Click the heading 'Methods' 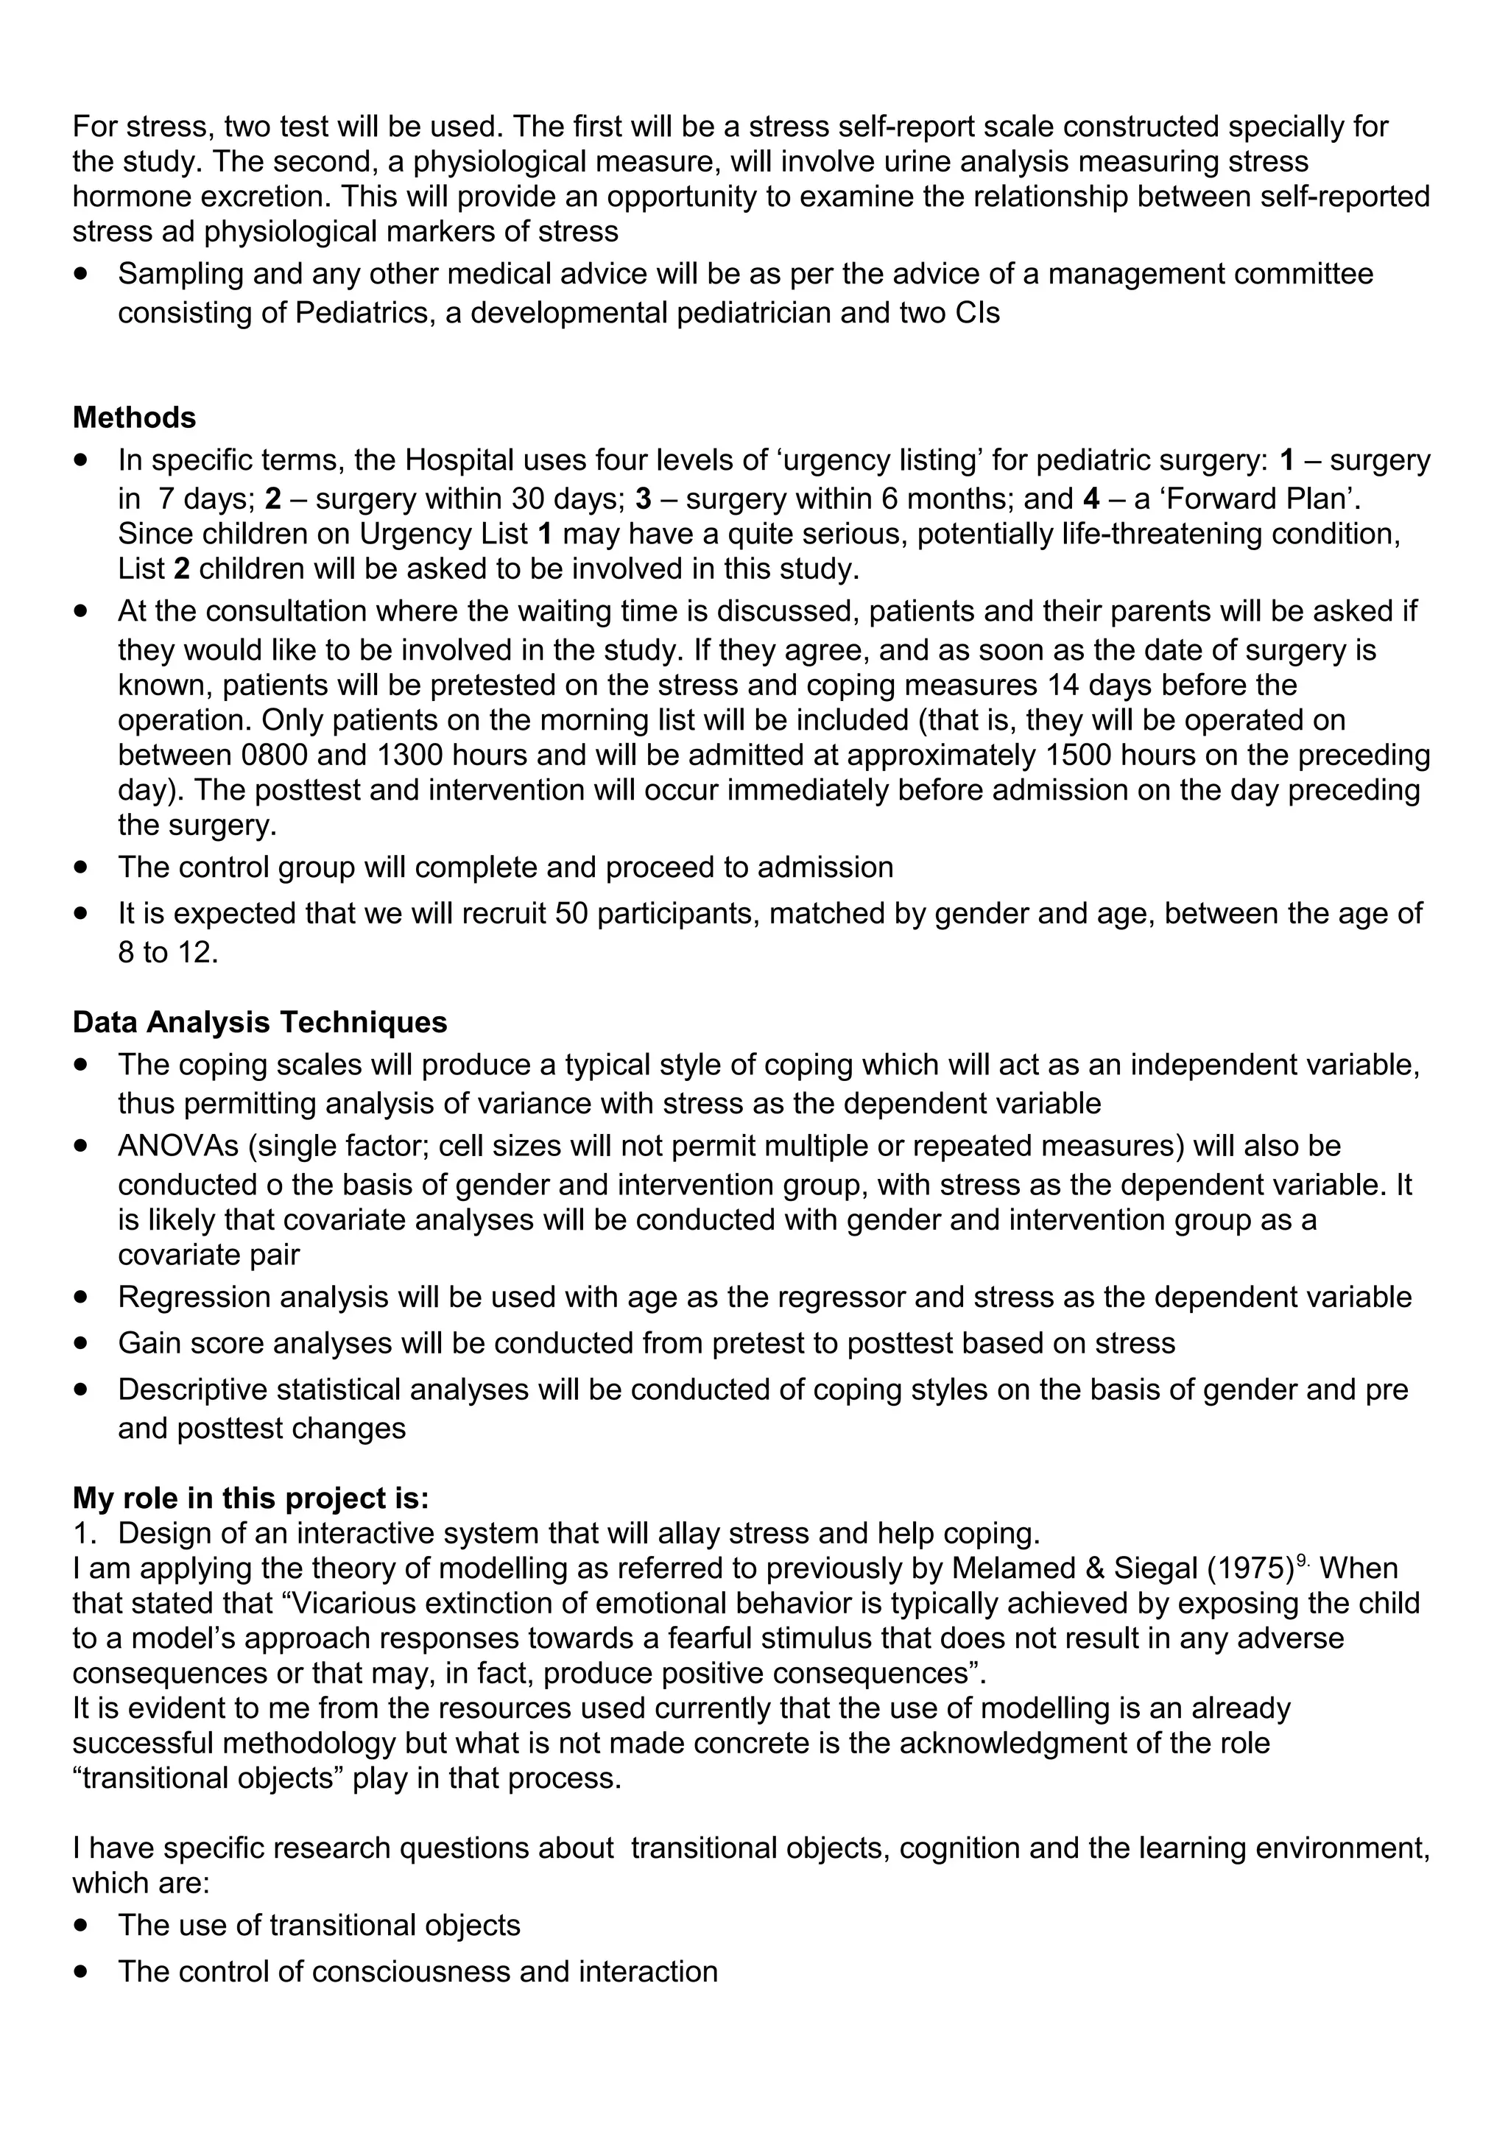[134, 418]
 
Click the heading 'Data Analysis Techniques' [259, 1022]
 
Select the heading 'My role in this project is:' [251, 1499]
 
